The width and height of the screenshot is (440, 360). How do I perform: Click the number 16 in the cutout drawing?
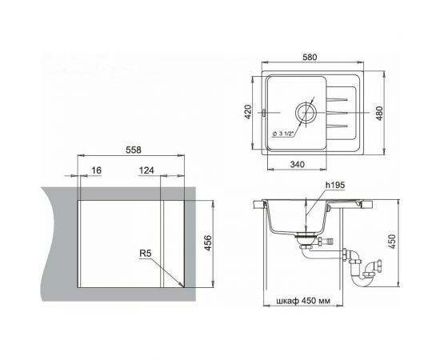coord(96,171)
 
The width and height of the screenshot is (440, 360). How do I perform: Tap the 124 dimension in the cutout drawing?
coord(146,171)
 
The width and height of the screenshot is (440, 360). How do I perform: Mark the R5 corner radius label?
coord(146,254)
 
